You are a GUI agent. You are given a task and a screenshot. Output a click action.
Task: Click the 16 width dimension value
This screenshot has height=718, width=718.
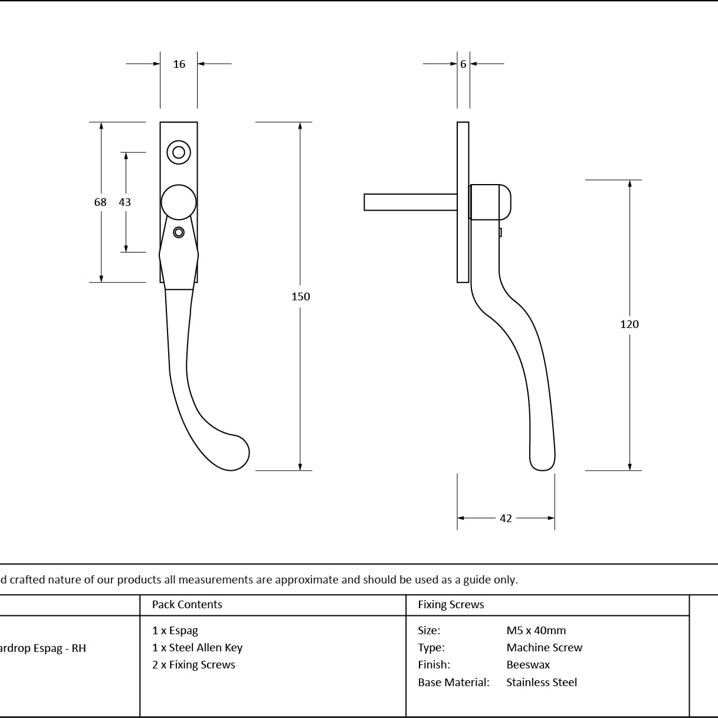[179, 64]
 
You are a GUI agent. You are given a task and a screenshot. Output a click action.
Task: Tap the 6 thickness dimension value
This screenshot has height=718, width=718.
[463, 64]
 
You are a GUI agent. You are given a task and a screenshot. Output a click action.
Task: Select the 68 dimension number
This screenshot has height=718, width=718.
[100, 202]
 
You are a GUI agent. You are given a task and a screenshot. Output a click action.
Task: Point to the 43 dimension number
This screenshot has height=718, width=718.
[125, 202]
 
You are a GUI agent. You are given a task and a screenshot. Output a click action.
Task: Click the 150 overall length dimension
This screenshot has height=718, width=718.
[301, 296]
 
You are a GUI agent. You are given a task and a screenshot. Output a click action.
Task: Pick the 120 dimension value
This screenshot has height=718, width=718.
[630, 324]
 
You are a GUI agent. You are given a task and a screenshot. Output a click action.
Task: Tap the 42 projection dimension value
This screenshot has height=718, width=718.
[506, 518]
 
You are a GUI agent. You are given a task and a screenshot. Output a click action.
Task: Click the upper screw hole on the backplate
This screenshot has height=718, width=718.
[179, 152]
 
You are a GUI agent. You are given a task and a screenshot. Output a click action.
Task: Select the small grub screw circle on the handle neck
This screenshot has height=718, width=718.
[179, 232]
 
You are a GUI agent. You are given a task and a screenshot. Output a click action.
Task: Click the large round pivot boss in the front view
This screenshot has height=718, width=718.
[179, 202]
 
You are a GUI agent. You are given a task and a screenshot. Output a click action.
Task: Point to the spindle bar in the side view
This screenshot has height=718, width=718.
[411, 202]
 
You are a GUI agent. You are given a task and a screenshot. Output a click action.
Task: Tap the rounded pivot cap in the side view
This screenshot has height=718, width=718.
[490, 202]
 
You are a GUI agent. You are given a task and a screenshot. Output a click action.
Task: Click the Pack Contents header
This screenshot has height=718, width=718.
[187, 604]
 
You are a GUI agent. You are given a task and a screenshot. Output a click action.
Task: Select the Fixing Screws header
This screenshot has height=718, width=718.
[451, 604]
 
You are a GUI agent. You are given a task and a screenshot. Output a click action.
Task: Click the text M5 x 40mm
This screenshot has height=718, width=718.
[536, 630]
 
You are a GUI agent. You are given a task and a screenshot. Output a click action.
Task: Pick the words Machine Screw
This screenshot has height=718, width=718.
[545, 647]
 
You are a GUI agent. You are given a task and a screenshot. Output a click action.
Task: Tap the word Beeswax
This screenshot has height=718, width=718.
[528, 664]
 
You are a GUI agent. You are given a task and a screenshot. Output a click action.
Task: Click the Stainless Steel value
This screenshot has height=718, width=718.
[542, 682]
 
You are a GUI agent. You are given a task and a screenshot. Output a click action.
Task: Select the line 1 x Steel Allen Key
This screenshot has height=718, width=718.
[198, 648]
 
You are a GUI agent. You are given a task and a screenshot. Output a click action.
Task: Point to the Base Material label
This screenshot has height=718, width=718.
[454, 682]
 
